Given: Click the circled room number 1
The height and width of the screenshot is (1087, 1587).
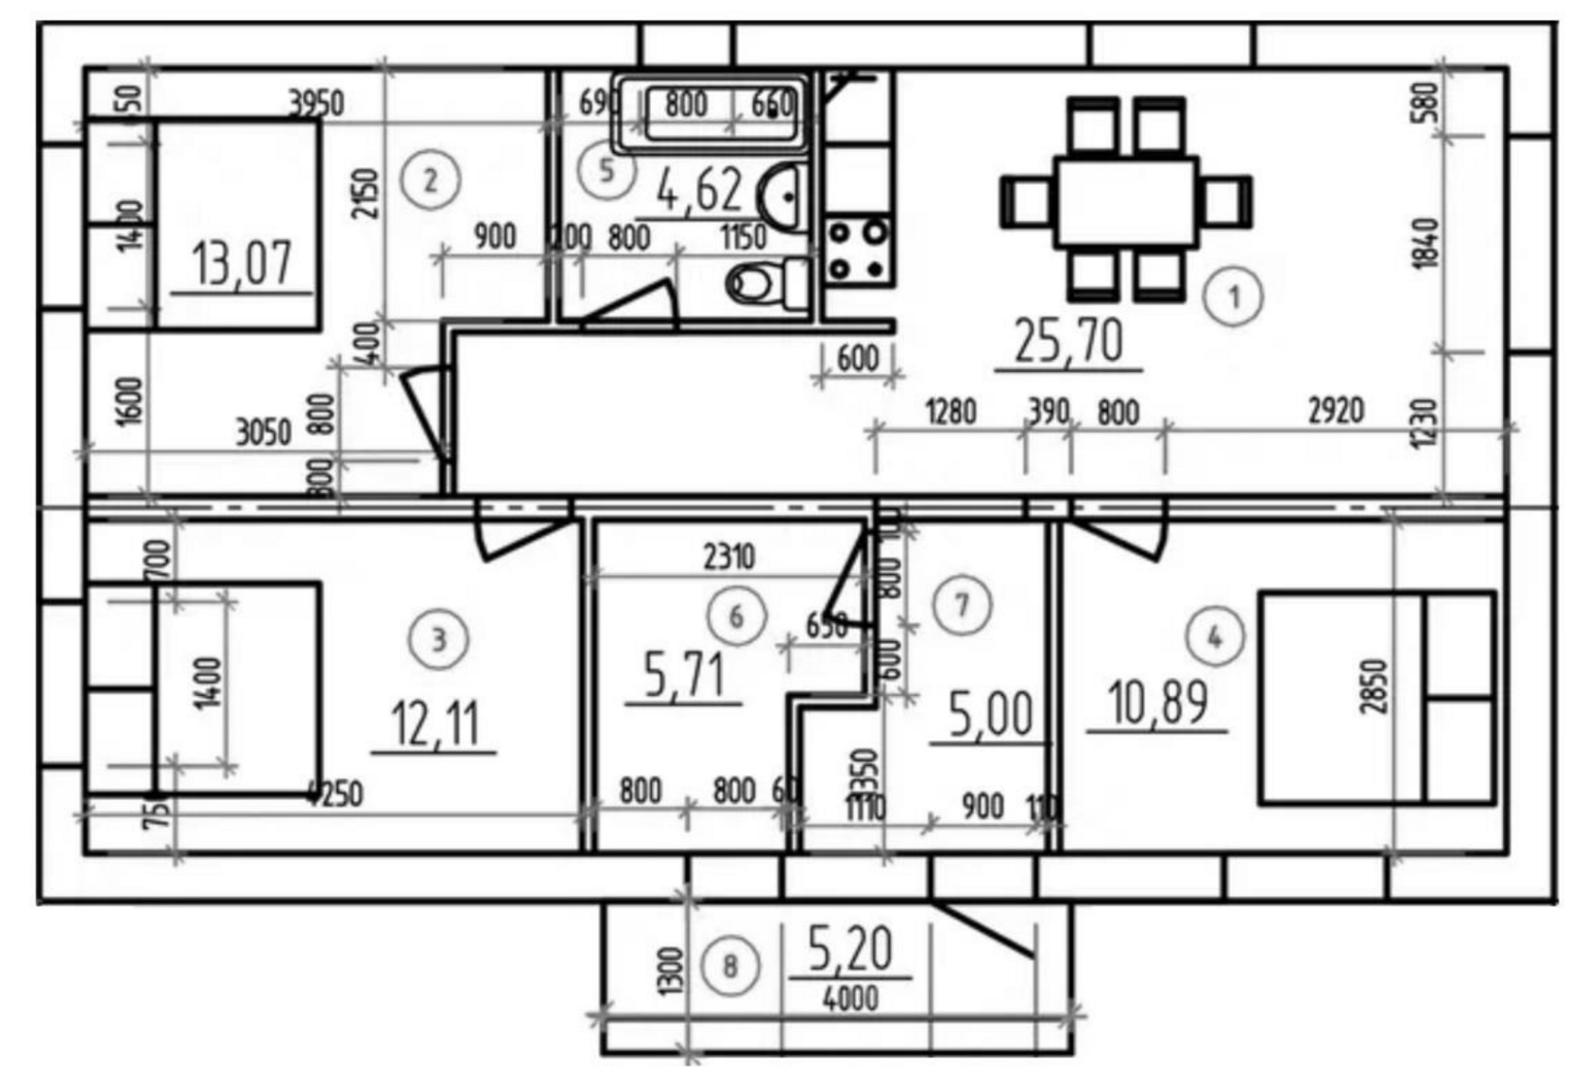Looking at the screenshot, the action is (x=1234, y=297).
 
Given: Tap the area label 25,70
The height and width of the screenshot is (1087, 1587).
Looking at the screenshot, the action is (x=1068, y=340).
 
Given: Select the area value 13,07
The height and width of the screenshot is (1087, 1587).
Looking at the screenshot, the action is (x=242, y=263).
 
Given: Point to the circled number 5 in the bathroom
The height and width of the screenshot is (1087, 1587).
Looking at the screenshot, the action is (x=606, y=171).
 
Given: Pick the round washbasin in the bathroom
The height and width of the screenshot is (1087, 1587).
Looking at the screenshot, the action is (x=783, y=196).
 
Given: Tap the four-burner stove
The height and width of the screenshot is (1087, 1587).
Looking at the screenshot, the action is (x=858, y=250).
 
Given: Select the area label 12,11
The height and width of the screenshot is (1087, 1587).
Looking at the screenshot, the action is (x=435, y=723).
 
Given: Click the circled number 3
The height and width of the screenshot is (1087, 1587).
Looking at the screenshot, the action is (x=438, y=639).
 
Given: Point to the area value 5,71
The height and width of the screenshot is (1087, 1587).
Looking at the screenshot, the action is (x=684, y=674).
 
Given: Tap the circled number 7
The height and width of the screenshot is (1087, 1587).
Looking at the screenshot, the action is (x=962, y=604).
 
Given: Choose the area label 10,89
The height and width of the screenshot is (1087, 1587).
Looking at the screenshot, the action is (x=1157, y=703).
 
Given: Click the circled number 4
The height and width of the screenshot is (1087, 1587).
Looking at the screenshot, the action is (x=1215, y=637).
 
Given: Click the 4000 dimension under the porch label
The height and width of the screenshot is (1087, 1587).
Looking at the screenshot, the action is (x=850, y=997).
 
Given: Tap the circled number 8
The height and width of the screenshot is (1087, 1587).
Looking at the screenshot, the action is (x=729, y=966).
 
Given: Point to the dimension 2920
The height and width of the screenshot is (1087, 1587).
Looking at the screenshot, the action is (x=1336, y=411).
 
